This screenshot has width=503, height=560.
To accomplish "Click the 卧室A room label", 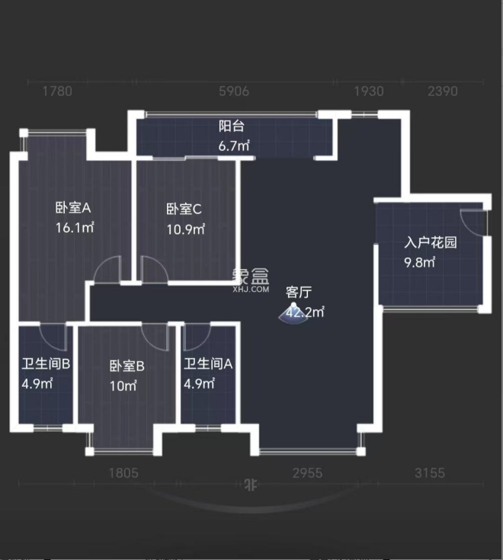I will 73,207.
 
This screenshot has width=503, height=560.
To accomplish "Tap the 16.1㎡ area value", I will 74,227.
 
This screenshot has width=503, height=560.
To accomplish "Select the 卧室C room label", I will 184,209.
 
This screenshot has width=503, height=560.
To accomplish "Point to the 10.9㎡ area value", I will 185,229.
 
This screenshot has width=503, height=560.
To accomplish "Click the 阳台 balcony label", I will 232,126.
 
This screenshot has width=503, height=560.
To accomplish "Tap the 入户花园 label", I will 431,243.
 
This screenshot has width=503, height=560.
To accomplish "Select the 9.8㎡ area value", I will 419,263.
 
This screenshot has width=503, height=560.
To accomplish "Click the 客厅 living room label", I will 298,292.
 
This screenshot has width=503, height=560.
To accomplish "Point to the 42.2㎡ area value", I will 306,312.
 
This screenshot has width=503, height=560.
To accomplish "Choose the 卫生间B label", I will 46,363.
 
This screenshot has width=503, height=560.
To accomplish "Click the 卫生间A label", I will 208,363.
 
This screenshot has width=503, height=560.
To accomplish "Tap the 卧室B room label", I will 127,366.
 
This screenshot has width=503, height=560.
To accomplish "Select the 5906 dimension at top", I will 234,91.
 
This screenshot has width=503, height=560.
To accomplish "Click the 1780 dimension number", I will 57,91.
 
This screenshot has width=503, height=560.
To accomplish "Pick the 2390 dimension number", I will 442,91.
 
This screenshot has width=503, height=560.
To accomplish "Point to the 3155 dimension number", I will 429,473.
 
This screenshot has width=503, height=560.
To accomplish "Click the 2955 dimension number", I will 307,473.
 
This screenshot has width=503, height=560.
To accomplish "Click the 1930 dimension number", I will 368,91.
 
